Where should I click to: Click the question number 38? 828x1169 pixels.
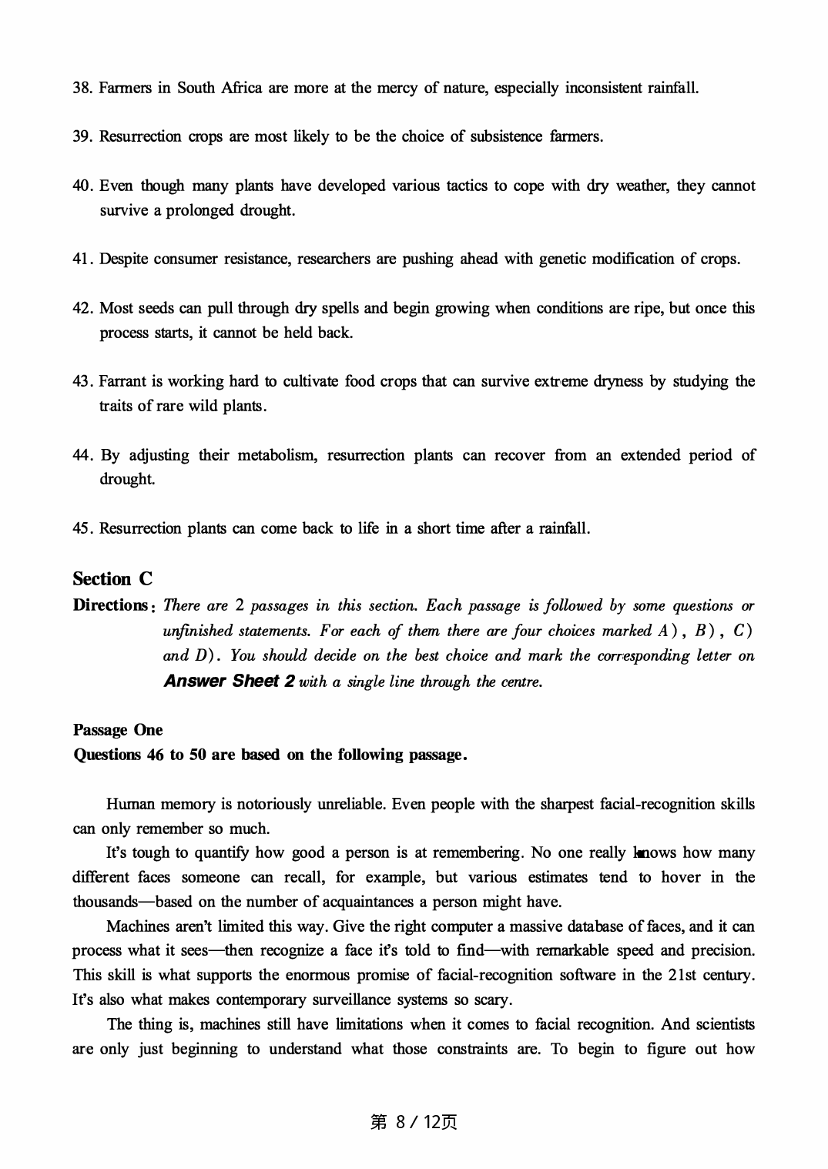click(x=82, y=88)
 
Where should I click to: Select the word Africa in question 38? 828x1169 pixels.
click(x=243, y=88)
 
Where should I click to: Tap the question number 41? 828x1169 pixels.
click(x=82, y=259)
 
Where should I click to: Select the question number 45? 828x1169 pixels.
click(x=82, y=528)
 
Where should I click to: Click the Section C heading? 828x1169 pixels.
click(x=112, y=579)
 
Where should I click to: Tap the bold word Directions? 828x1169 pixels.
click(x=109, y=605)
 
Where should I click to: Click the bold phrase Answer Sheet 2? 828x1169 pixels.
click(x=229, y=682)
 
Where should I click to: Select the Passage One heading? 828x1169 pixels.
click(x=118, y=730)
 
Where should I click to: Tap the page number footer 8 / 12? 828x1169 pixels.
click(x=414, y=1123)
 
